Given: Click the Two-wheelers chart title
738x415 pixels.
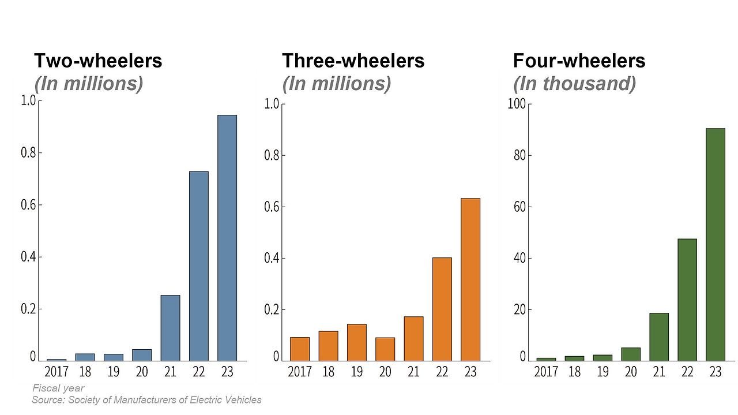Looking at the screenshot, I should click(98, 61).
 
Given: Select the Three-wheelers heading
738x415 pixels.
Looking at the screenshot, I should click(353, 61).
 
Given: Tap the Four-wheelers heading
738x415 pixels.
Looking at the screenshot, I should click(579, 61).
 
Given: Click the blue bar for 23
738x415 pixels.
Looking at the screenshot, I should click(227, 238).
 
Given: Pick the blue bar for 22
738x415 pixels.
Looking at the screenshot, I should click(199, 266).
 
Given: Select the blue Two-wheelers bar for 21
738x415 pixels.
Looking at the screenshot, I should click(170, 328).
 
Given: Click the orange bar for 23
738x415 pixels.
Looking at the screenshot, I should click(470, 279).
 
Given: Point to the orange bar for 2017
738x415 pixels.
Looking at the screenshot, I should click(300, 349).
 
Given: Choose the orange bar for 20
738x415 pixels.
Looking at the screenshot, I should click(385, 349).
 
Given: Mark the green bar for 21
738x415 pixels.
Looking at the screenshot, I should click(659, 337).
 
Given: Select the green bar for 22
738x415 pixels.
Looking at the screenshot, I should click(687, 300).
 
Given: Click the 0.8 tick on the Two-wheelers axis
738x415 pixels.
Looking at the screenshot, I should click(28, 153).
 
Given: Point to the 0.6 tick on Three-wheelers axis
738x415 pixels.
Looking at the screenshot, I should click(272, 207).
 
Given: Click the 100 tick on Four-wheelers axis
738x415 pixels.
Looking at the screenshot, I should click(516, 104).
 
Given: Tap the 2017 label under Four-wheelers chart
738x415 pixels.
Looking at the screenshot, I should click(546, 371).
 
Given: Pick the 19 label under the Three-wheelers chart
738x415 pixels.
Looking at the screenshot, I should click(356, 371).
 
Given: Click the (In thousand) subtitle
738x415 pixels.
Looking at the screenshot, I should click(574, 84).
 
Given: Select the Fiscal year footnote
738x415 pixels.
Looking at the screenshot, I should click(58, 388).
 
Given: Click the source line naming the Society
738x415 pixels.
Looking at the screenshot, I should click(146, 400).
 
